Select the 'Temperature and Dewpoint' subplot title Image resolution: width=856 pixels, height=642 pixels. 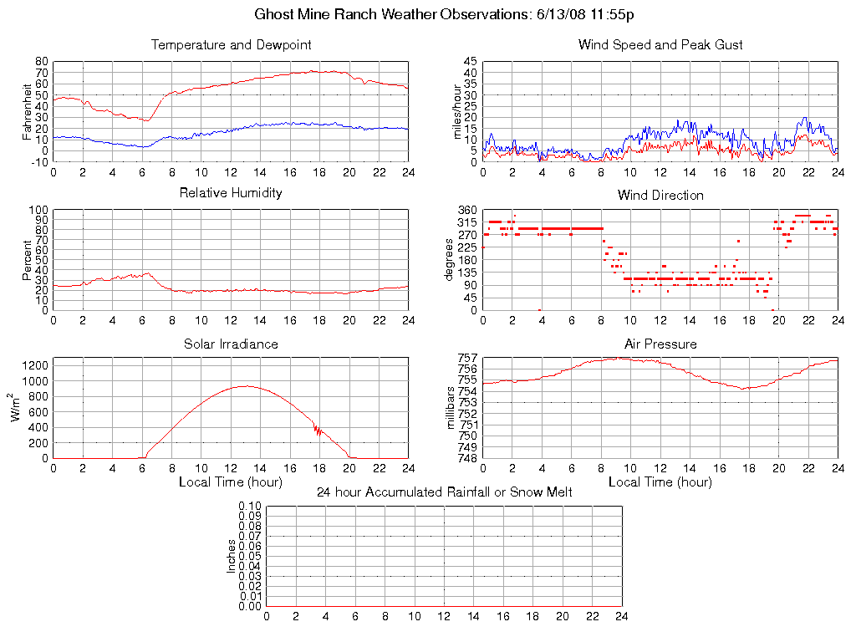pyautogui.click(x=231, y=44)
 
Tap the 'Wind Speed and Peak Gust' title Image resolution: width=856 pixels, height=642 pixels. pyautogui.click(x=660, y=44)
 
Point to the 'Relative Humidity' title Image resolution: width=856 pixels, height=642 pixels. pyautogui.click(x=231, y=193)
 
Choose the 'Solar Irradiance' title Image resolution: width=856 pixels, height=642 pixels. pyautogui.click(x=231, y=344)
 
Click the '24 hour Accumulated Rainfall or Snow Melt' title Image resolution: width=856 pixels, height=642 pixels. pyautogui.click(x=444, y=492)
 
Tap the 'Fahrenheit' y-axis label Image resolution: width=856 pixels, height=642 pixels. pyautogui.click(x=28, y=111)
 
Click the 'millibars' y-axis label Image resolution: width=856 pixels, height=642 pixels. pyautogui.click(x=451, y=408)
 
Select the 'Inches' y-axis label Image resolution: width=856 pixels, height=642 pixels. pyautogui.click(x=232, y=556)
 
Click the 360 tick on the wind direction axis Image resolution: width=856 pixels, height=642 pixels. pyautogui.click(x=467, y=211)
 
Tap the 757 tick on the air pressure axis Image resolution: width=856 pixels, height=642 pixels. pyautogui.click(x=467, y=359)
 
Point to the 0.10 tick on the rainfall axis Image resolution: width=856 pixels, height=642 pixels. pyautogui.click(x=250, y=507)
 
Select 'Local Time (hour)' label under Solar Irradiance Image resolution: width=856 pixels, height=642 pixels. pyautogui.click(x=231, y=482)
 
